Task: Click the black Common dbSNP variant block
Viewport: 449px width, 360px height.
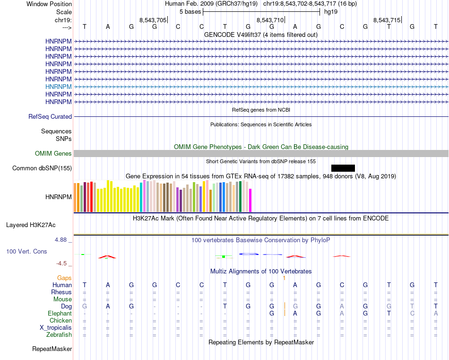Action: click(343, 168)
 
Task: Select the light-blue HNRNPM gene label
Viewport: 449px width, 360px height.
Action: click(59, 87)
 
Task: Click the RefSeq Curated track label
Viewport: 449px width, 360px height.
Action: click(50, 116)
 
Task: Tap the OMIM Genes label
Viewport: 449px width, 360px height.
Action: click(53, 153)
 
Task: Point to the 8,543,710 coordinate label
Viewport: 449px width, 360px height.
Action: click(270, 20)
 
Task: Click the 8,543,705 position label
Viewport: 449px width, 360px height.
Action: click(153, 20)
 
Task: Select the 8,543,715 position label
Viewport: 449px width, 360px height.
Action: click(387, 20)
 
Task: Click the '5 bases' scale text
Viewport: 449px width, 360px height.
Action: click(190, 11)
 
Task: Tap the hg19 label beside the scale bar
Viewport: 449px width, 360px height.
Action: click(330, 11)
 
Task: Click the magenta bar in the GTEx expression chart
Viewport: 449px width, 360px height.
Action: click(250, 200)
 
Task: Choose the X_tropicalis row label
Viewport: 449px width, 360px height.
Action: click(56, 327)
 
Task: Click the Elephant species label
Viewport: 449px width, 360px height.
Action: click(60, 313)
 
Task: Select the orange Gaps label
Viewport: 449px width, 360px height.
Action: click(64, 278)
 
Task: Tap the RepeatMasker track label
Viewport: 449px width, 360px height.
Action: click(52, 349)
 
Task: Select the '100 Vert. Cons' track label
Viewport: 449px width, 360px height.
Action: click(26, 251)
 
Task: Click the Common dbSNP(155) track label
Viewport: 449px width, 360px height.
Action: click(42, 168)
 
